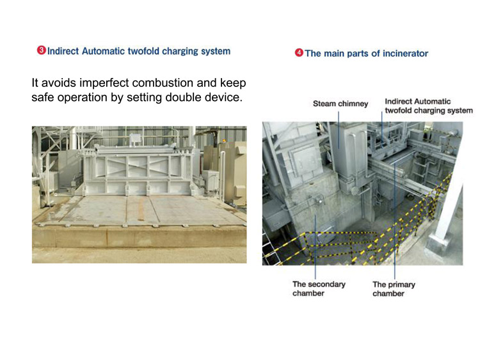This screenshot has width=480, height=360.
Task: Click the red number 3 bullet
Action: [42, 50]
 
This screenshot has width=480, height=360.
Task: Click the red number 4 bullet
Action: [299, 53]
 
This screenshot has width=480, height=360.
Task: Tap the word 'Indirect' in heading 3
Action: [63, 51]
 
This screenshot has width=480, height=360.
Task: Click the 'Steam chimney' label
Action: [340, 104]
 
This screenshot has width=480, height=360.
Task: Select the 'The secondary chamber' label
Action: [319, 289]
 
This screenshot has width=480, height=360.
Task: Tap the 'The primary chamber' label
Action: [394, 289]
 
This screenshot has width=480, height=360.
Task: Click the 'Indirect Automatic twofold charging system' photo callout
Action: [429, 106]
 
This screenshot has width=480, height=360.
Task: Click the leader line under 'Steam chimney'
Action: [339, 130]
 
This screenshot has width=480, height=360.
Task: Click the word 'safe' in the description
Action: [42, 97]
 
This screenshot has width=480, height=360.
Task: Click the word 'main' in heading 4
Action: [333, 54]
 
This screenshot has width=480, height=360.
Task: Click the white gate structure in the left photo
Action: [138, 171]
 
